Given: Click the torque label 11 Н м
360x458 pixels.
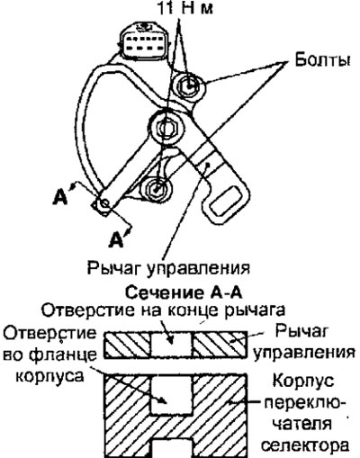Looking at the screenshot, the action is tap(185, 8).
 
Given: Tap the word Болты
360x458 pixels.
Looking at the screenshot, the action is tap(322, 61).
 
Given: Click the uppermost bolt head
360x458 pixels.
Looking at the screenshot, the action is tap(190, 85).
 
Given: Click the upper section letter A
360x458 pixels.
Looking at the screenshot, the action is tap(60, 197).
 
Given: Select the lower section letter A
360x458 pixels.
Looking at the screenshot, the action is tap(117, 239).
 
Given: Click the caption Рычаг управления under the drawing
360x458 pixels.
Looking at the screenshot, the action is tap(168, 268).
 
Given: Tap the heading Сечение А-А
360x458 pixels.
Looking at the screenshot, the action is tap(184, 292).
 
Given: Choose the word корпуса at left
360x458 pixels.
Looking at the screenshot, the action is tap(49, 376).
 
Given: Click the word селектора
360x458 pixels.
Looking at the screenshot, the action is tap(305, 445).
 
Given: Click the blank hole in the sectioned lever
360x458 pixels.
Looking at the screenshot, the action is tap(171, 344).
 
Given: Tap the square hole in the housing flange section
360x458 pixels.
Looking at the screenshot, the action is tap(171, 394).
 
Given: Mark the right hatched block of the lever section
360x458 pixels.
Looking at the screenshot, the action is tap(220, 345).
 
